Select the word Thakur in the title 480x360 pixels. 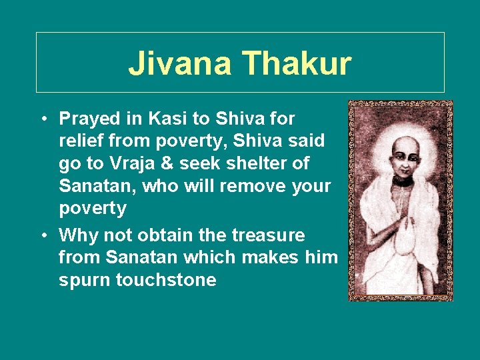(x=297, y=64)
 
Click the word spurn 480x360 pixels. (x=85, y=280)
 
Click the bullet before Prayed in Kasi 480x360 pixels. (x=42, y=119)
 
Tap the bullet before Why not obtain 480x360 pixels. (x=42, y=236)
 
